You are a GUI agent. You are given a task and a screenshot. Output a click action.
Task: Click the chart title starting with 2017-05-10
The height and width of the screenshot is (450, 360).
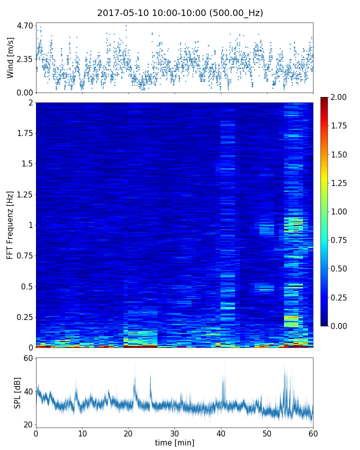click(x=180, y=13)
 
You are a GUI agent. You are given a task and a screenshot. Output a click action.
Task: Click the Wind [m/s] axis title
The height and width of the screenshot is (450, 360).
click(x=10, y=57)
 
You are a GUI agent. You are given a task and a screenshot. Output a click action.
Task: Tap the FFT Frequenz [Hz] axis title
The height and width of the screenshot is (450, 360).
click(x=10, y=225)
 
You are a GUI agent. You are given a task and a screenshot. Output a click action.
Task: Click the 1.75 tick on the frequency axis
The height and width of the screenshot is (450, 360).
click(x=23, y=133)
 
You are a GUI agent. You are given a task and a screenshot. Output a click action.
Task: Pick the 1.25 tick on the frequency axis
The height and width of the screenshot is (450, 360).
click(x=23, y=194)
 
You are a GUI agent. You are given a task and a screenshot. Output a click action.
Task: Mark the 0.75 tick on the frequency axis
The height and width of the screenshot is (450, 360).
click(x=23, y=256)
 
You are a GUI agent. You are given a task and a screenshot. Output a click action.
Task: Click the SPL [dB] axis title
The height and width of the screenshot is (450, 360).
click(x=17, y=392)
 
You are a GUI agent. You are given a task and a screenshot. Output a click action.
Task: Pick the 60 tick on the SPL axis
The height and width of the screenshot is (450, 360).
click(x=28, y=358)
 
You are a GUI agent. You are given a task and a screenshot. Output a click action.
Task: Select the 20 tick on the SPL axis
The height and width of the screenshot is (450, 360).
click(x=28, y=424)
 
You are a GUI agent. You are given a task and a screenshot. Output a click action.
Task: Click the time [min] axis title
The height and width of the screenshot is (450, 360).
click(x=174, y=442)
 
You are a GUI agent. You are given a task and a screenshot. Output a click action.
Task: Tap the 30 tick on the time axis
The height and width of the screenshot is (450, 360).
click(x=174, y=433)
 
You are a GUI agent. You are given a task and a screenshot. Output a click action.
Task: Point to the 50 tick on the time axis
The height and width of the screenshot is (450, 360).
click(x=267, y=433)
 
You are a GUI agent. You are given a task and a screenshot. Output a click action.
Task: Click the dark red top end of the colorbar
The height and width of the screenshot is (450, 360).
click(x=324, y=99)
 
